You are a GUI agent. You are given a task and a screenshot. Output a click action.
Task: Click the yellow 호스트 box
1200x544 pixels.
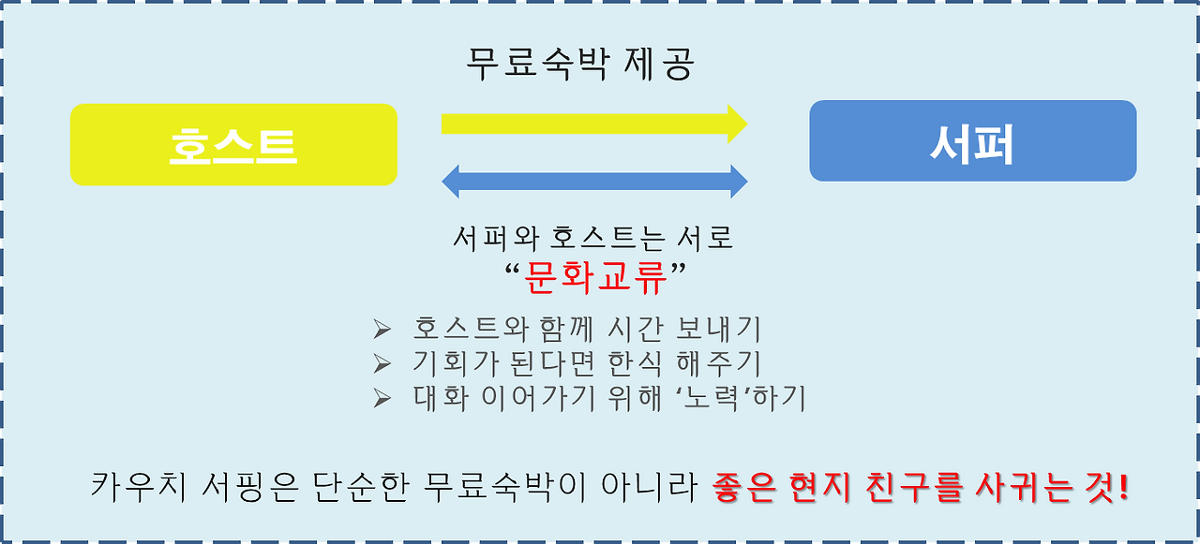pos(233,145)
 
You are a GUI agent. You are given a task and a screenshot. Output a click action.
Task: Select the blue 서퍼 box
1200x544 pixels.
pos(972,141)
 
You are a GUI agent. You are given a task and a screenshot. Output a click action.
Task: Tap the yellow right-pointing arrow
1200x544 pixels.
pos(593,124)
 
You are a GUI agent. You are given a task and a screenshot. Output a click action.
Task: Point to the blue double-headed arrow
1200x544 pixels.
pos(594,181)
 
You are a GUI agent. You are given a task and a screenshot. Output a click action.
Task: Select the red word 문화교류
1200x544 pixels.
pos(595,276)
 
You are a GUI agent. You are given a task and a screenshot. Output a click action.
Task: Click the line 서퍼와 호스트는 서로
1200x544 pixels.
pos(592,238)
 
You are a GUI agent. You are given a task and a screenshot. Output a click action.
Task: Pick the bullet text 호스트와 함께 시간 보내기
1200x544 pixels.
pos(587,329)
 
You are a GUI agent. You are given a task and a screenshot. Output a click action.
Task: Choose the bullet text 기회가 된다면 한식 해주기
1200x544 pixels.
pos(587,363)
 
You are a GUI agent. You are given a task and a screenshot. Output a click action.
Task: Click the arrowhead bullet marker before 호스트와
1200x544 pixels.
pos(381,330)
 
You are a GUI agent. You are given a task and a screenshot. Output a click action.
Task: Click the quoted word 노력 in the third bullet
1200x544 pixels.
pos(723,398)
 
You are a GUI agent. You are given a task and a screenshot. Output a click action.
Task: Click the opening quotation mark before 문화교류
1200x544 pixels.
pos(511,272)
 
